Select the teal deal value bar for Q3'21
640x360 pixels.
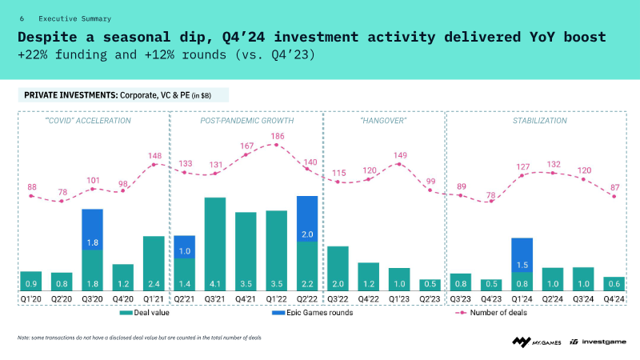(215, 244)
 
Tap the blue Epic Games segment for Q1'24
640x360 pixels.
(522, 254)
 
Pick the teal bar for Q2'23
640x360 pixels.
(430, 285)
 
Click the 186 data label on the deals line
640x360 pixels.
(277, 137)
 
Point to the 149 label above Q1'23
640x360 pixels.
(399, 155)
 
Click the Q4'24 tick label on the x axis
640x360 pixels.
(614, 299)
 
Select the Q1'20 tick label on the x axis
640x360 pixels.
(31, 299)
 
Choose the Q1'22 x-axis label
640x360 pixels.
(277, 299)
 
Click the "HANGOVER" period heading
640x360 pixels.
(384, 121)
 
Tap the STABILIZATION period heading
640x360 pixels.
(539, 121)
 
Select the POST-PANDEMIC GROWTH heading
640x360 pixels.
(246, 121)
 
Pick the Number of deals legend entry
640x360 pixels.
(496, 313)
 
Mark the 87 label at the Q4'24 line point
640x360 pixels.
(614, 187)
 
